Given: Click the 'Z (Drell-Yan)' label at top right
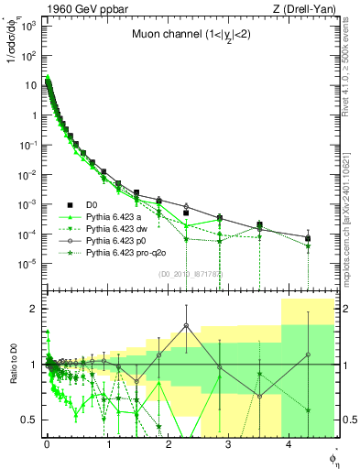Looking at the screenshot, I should pos(307,8).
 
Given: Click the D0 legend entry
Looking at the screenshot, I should pos(93,204).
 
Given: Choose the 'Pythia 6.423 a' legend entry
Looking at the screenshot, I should pos(114,216).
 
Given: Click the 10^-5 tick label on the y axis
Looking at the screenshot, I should pos(28,264).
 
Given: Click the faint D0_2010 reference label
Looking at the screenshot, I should pos(183,273).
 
